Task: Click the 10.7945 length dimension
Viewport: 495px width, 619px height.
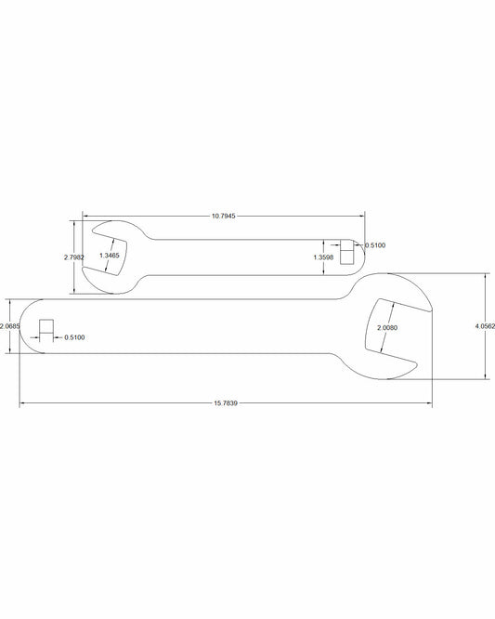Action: pos(223,216)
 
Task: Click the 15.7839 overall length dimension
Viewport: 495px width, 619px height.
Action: pos(226,403)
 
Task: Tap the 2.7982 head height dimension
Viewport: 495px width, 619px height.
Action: pos(73,257)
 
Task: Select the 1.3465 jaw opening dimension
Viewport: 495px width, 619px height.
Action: pos(110,256)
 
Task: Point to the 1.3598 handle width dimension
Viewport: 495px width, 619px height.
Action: pos(323,257)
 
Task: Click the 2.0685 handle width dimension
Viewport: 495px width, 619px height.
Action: pos(10,326)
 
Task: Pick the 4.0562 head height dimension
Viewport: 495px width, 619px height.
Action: pos(485,326)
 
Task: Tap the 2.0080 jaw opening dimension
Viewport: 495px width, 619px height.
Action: pos(387,328)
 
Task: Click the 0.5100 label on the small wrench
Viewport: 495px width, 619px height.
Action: pos(375,245)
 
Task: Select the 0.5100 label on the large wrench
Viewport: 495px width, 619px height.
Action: pos(74,337)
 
